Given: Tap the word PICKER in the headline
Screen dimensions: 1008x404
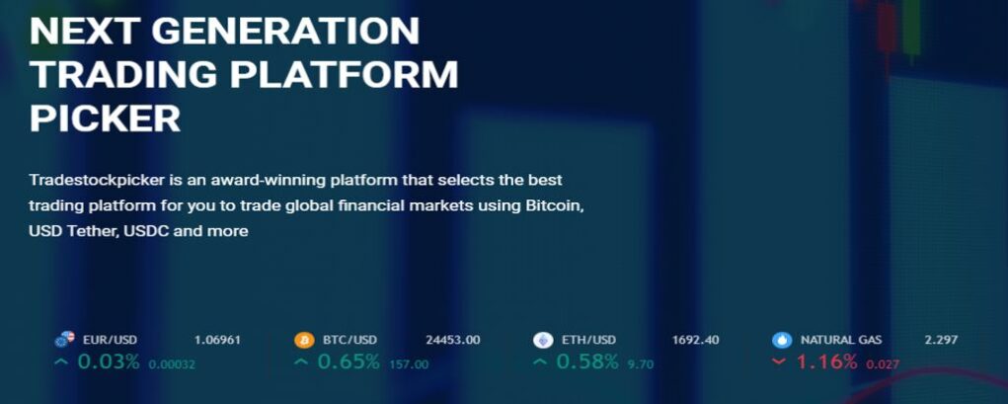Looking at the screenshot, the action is (x=105, y=119).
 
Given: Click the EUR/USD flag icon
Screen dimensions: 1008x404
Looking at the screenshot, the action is (x=65, y=340).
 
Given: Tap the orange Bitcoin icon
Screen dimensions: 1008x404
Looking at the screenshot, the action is (x=304, y=341).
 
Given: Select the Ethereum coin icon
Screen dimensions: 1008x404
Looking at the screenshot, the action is (x=543, y=341).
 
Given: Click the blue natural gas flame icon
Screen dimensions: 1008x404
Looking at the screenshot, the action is (x=782, y=341).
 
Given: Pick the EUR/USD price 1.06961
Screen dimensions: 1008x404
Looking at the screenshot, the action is (x=217, y=340).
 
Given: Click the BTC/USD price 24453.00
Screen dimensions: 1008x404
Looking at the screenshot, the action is (x=452, y=340).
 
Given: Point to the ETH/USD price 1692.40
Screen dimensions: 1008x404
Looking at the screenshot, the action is (x=696, y=340).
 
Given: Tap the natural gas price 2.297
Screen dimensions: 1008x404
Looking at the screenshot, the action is (x=941, y=340).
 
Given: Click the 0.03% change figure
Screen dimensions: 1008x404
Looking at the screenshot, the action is (x=109, y=363).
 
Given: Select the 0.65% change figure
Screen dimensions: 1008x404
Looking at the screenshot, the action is (x=349, y=363).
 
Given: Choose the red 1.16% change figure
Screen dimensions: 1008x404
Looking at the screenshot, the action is (x=826, y=363).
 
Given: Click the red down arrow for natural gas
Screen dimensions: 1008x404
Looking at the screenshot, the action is (x=779, y=363).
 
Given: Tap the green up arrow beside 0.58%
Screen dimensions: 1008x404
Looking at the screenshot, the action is (x=540, y=363).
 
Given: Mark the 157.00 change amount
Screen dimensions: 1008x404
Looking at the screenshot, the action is (x=409, y=364).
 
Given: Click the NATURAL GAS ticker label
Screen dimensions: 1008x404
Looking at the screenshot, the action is (x=841, y=340).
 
